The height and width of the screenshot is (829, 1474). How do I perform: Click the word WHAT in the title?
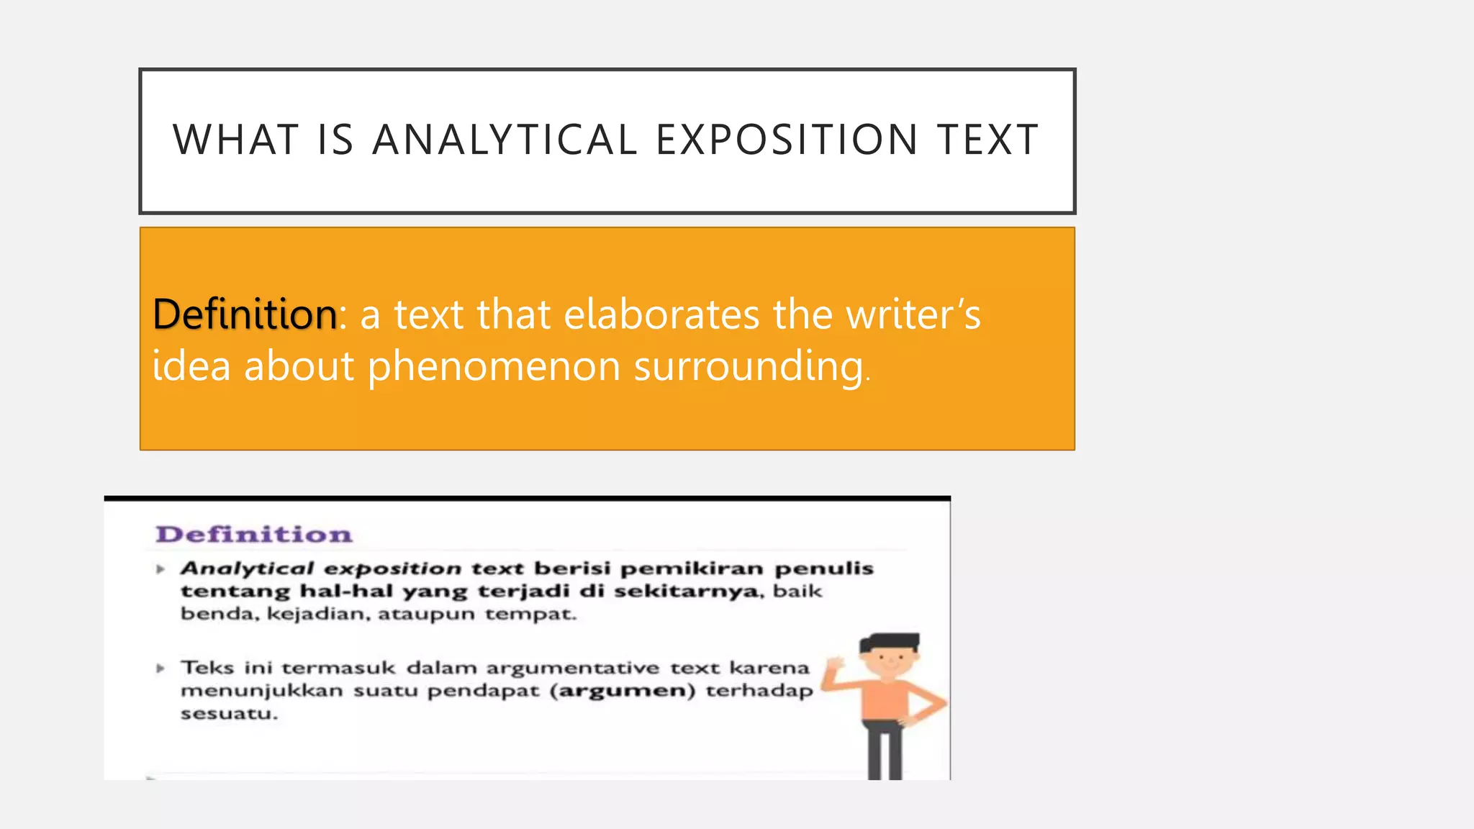point(235,140)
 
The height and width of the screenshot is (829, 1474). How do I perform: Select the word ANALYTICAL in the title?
point(505,140)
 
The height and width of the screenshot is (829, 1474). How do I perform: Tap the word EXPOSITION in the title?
point(787,140)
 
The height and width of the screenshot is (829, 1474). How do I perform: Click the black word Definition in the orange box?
point(245,314)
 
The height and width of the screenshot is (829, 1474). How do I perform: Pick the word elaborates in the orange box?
point(661,314)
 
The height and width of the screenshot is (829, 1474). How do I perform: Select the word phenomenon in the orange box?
point(494,366)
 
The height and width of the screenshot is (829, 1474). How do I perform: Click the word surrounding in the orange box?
point(749,367)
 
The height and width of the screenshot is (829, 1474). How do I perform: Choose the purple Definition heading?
point(254,535)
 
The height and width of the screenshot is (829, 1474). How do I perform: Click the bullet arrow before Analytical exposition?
point(160,569)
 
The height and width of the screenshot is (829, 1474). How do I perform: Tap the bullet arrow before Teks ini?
point(160,669)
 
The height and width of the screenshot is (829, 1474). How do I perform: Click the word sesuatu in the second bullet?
point(228,714)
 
